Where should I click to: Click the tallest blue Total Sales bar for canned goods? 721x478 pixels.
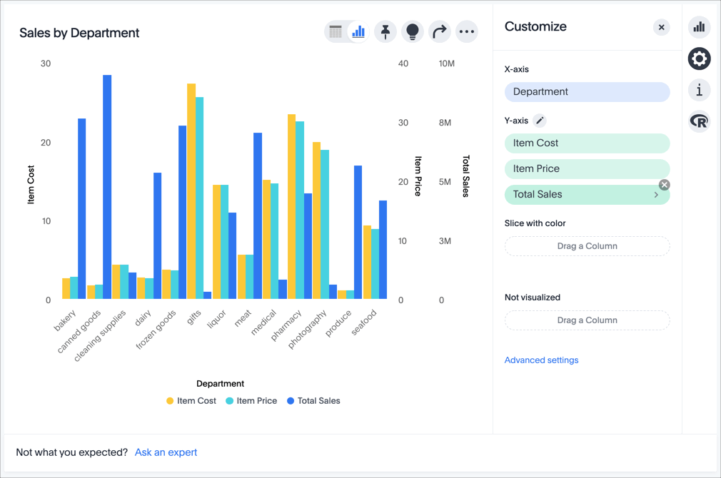(107, 187)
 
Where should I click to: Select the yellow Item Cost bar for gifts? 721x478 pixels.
(191, 191)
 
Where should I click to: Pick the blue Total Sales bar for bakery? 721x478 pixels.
(82, 208)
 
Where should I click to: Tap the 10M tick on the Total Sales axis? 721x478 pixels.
(446, 63)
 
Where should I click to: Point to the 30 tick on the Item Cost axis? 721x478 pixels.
(46, 63)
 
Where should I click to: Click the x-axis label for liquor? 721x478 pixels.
(216, 318)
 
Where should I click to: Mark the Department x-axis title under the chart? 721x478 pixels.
(220, 384)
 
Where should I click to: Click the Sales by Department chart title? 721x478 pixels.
(79, 33)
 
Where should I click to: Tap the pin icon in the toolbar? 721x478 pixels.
(385, 31)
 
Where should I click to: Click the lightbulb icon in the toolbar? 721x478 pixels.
(412, 31)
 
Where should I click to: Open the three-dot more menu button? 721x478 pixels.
(466, 31)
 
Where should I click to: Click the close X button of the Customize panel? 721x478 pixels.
(661, 28)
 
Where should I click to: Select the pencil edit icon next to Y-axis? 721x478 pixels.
(540, 121)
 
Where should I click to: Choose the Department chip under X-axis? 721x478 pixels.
(587, 91)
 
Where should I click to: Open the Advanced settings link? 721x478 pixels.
(541, 360)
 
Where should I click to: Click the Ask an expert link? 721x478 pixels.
(166, 452)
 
